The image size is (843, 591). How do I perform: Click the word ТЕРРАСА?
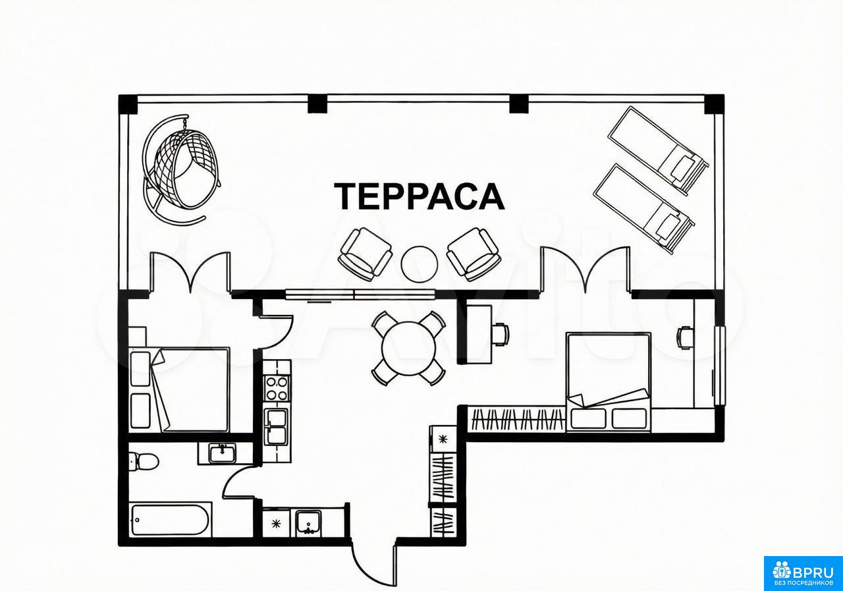tap(420, 196)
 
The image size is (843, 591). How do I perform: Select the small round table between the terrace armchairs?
tap(420, 264)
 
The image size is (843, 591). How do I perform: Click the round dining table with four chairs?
tap(409, 348)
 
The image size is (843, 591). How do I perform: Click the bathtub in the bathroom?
tap(170, 520)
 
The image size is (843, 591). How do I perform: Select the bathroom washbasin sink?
tap(222, 453)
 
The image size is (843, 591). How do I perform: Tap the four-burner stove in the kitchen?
tap(277, 388)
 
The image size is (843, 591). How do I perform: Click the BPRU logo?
tap(803, 573)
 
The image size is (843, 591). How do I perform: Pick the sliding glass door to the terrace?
tap(360, 295)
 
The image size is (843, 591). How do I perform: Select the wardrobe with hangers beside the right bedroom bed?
tap(518, 419)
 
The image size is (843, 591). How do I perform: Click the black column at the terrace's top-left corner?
tap(128, 104)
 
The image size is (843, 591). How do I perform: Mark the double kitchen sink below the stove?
tap(277, 426)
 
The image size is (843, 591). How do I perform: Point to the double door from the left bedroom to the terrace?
tap(190, 273)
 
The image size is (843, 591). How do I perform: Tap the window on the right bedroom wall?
tap(720, 366)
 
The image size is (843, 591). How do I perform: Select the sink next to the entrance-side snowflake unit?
tap(308, 523)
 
